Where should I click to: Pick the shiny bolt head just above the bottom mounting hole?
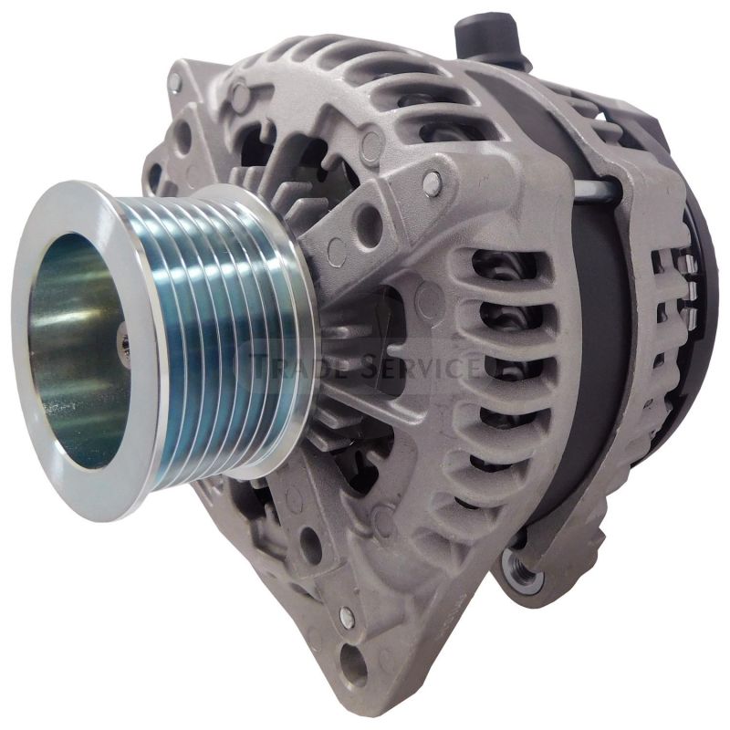[346, 617]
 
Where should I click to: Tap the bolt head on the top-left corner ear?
[174, 83]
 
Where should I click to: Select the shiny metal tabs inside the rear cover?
[691, 292]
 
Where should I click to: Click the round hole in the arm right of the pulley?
[369, 219]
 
